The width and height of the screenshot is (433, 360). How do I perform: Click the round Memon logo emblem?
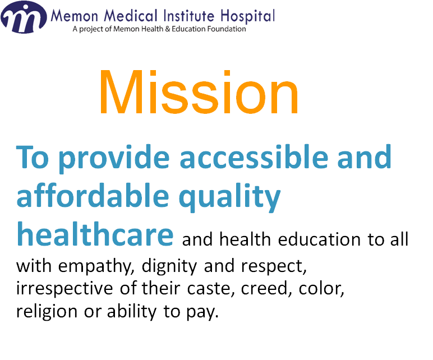coord(24,17)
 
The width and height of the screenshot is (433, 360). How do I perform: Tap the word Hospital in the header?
coord(247,16)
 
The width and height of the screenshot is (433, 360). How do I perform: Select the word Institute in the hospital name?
coord(188,15)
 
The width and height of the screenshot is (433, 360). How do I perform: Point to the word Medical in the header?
coord(131,15)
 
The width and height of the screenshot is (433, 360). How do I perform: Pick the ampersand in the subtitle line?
coord(168,29)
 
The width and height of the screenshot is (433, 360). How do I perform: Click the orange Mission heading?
coord(199,92)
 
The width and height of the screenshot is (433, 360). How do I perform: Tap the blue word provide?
coord(114,159)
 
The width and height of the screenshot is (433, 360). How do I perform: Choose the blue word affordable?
coord(93,195)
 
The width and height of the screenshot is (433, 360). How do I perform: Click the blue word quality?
coord(230,197)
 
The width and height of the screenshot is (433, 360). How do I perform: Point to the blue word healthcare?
coord(95,234)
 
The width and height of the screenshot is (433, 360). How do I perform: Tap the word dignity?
coord(169,266)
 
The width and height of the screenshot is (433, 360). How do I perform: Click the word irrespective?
coord(65,289)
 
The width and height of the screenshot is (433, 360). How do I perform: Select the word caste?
coord(211,289)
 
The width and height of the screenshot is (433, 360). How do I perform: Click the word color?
coord(321,289)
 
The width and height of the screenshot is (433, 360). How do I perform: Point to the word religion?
coord(47,312)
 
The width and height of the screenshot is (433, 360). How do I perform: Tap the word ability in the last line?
coord(132,312)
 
